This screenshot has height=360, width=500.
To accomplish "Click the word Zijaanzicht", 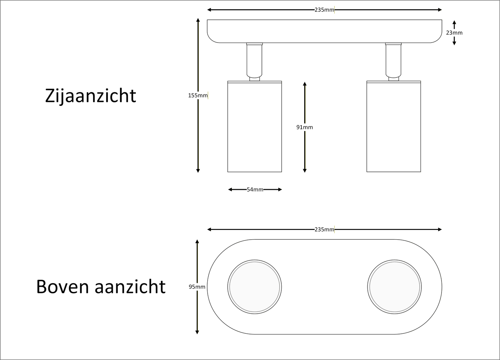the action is coord(91,95).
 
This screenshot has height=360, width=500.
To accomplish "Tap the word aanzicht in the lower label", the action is coord(130,287).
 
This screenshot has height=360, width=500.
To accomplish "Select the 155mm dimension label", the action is coord(198,95).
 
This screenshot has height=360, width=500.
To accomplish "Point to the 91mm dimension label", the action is coord(304,127).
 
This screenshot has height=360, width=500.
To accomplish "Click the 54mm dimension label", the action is coord(255,190).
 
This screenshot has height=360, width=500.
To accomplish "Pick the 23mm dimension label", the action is coord(454,33).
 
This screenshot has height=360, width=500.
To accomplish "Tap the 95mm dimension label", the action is coord(197,287).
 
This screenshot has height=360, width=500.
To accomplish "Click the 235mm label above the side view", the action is coord(324,10).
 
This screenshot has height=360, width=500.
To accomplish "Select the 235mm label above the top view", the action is coord(324,230).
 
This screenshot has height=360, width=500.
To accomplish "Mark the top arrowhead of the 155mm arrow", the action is coord(198,20).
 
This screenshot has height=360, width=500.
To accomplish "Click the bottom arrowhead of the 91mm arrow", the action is coord(305,170).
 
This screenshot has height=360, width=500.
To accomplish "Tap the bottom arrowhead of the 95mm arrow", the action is coord(197,332).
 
